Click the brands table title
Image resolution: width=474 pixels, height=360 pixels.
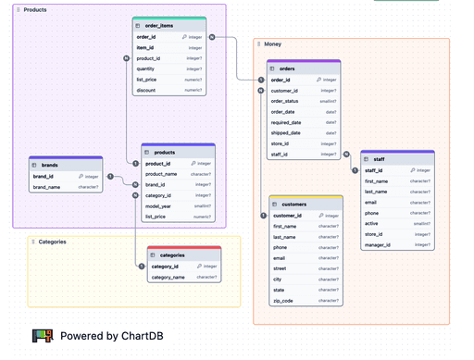tap(50, 165)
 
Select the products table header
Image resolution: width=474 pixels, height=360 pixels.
tap(165, 152)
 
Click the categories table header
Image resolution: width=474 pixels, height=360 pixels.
tap(172, 254)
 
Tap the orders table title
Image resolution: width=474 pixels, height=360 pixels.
tap(287, 68)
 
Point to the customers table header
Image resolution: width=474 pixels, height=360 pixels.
tap(293, 204)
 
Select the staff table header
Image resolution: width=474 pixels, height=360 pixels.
tap(380, 158)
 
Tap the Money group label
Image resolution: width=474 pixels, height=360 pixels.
tap(273, 43)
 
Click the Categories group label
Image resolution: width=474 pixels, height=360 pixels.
tap(52, 242)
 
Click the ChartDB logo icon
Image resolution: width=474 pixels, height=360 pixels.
tap(43, 336)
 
